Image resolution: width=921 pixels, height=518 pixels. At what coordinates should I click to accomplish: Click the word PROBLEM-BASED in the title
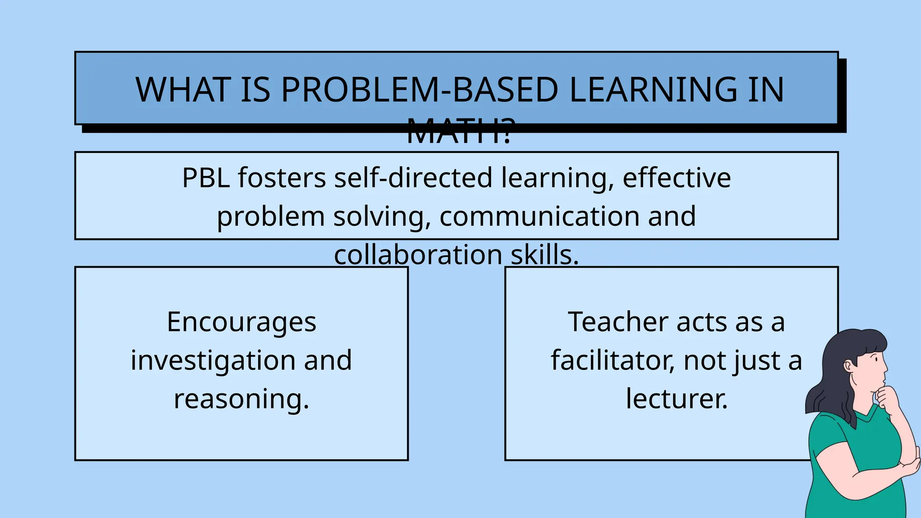point(419,89)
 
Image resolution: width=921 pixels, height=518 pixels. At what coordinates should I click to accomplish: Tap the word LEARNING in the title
point(653,89)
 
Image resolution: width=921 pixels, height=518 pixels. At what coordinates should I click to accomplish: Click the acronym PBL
point(206,178)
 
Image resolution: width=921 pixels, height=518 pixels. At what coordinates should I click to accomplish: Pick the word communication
point(539,216)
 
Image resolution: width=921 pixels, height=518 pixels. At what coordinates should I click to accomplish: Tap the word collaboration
point(418,255)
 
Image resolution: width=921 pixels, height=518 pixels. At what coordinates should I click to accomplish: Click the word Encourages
point(241,322)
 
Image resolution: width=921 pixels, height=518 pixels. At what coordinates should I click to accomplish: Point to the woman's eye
point(876,359)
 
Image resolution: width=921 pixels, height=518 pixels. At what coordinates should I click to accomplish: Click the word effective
point(676,178)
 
